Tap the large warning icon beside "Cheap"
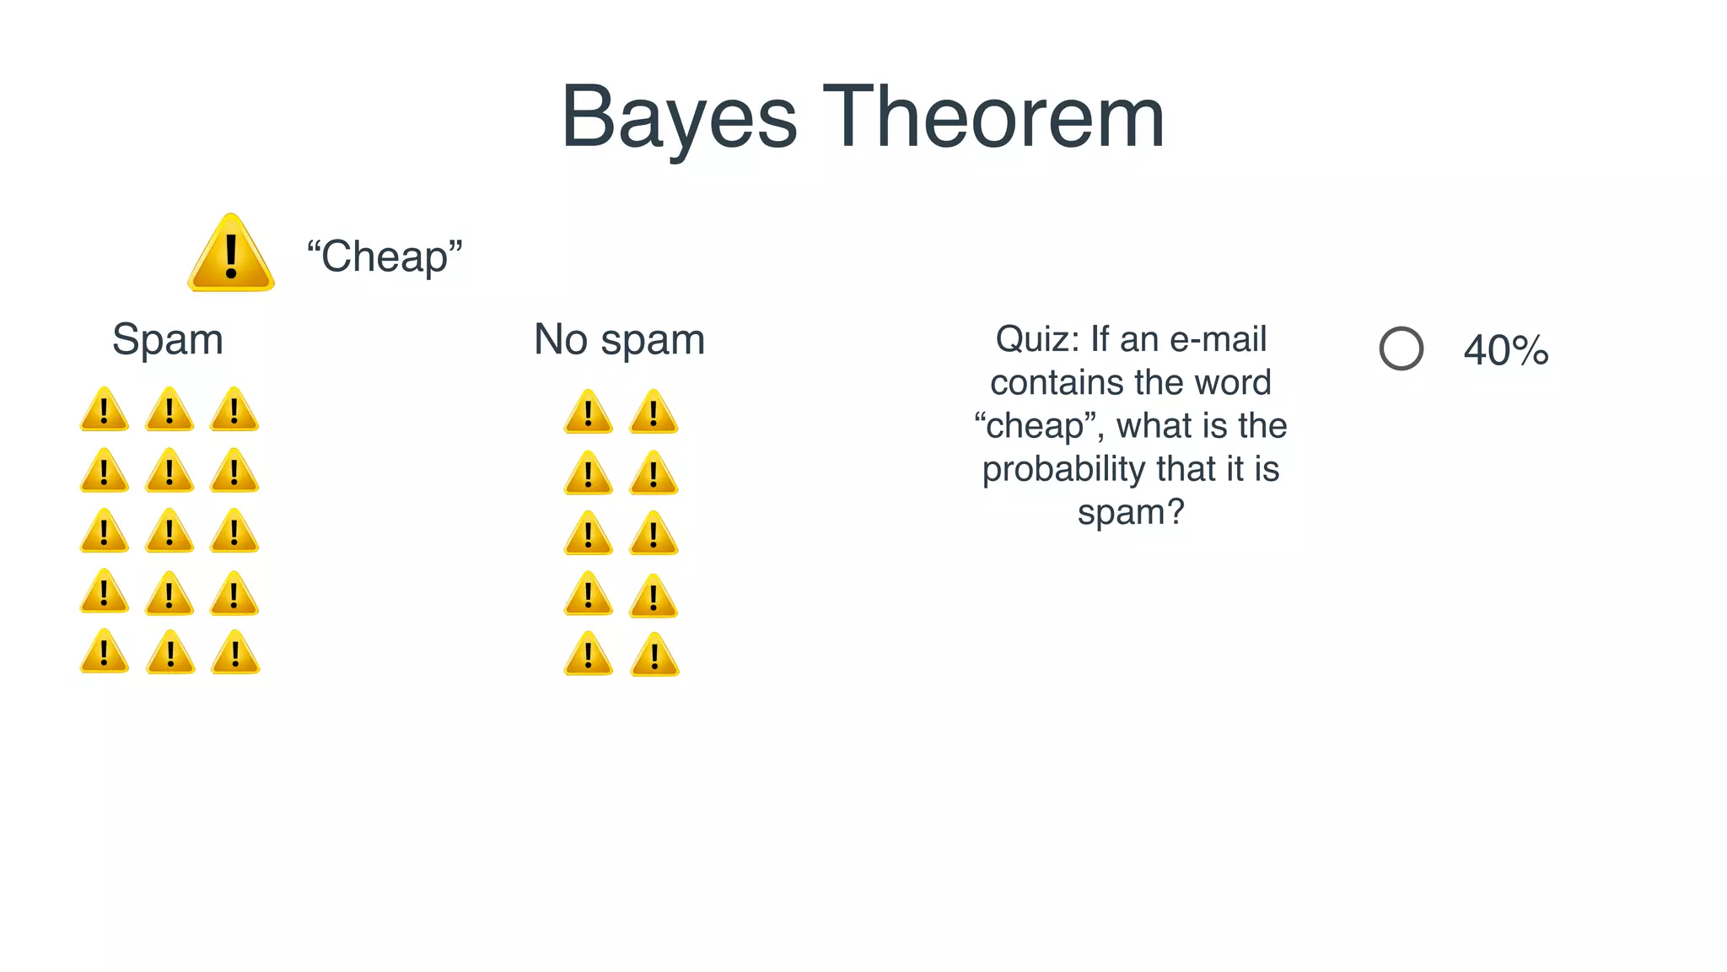click(x=231, y=254)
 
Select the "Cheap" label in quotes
click(x=385, y=256)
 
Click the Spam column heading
click(x=168, y=340)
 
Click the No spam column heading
click(x=620, y=340)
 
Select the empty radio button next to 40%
click(x=1402, y=348)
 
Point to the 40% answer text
click(x=1506, y=350)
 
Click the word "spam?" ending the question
click(x=1131, y=512)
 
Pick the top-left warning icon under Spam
click(x=105, y=410)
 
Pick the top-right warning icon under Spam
click(x=234, y=410)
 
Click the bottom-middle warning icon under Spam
click(x=170, y=653)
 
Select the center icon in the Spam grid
click(x=169, y=532)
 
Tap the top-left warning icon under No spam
click(x=588, y=413)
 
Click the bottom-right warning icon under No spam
click(x=654, y=656)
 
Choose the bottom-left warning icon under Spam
click(x=105, y=652)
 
